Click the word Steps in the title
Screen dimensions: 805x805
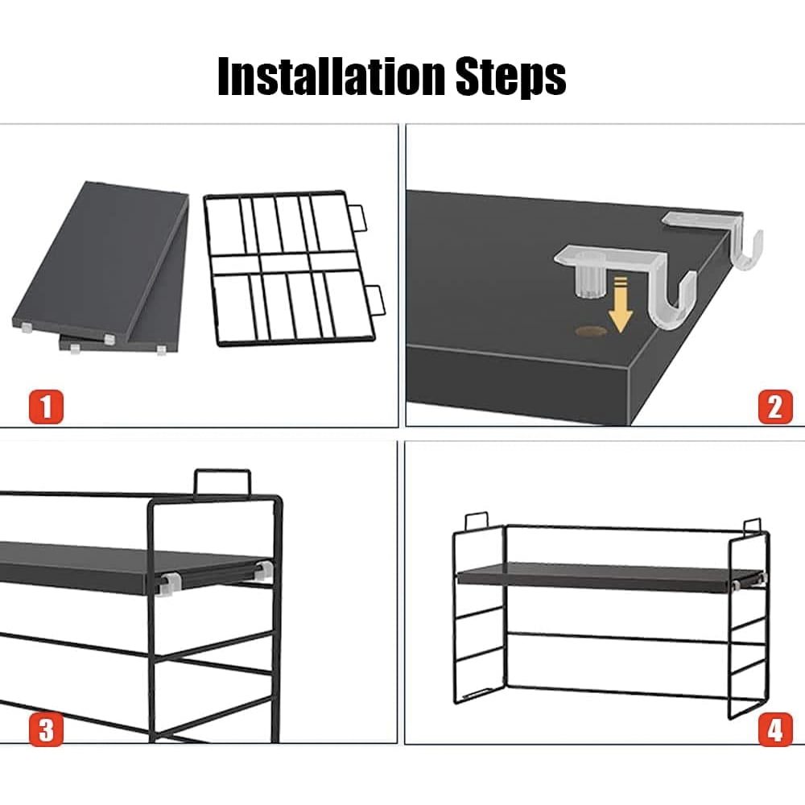511,77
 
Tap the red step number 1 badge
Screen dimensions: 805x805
46,407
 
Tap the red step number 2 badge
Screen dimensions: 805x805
775,407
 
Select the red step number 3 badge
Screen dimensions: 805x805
46,729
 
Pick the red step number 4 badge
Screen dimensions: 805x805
775,729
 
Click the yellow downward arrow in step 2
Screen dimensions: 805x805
621,304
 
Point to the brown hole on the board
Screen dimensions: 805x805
591,331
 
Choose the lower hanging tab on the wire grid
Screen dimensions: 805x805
376,300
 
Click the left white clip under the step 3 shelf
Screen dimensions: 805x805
168,584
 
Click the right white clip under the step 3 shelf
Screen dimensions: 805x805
263,571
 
